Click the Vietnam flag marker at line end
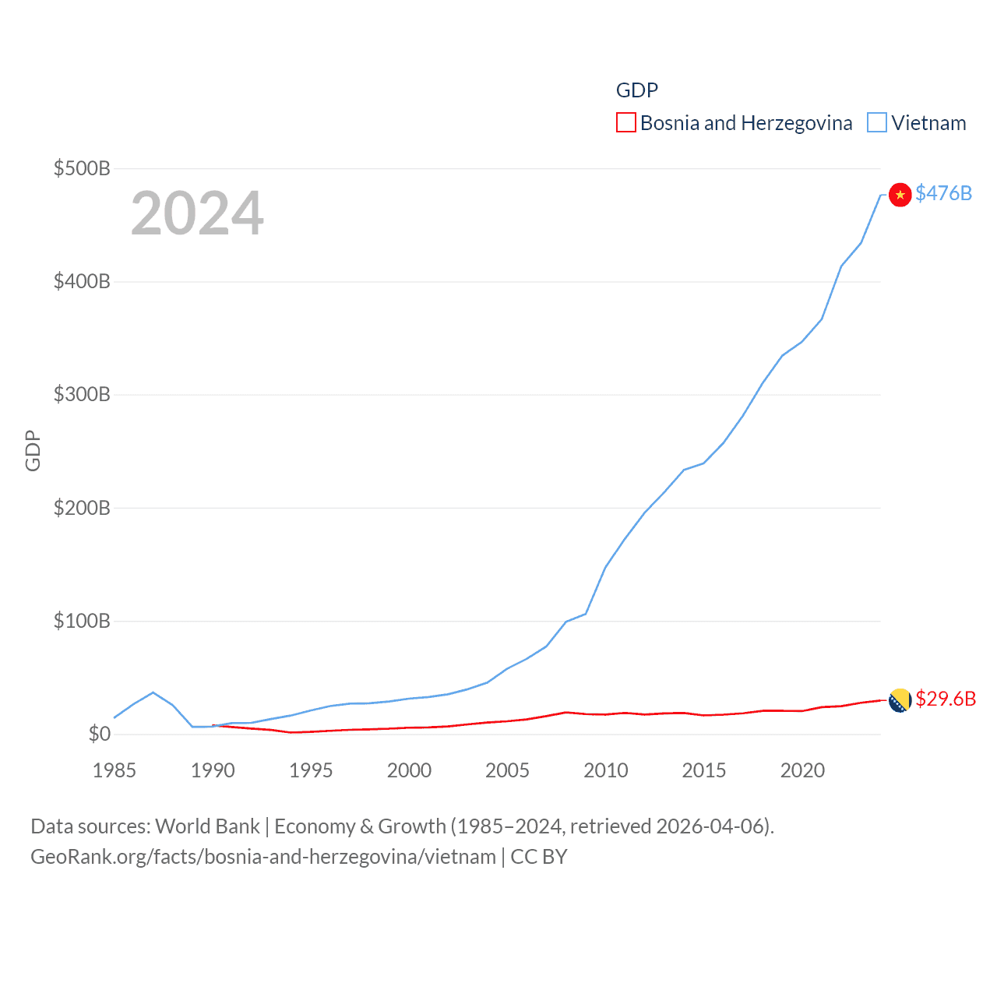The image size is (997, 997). point(900,195)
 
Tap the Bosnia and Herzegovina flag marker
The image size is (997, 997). point(900,700)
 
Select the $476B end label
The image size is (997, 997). point(943,193)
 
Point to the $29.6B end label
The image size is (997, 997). point(946,699)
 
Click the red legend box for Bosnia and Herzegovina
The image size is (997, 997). point(626,123)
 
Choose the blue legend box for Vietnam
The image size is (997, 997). point(877,123)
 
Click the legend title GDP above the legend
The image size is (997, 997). point(637,90)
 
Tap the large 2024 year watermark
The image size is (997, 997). point(197,213)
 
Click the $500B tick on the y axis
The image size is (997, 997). point(82,168)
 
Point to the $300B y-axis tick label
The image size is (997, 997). point(82,394)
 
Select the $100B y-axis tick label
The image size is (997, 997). point(82,621)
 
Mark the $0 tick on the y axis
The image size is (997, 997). point(99,734)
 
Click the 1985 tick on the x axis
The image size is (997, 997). point(114,770)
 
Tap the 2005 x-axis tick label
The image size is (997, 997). point(507,770)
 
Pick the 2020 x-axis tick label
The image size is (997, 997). point(802,770)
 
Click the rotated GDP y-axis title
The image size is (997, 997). point(33,450)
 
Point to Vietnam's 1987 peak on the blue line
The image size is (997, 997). point(153,692)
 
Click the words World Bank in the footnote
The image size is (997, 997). point(207,826)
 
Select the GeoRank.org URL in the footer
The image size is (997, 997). point(263,857)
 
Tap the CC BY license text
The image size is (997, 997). point(539,857)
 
